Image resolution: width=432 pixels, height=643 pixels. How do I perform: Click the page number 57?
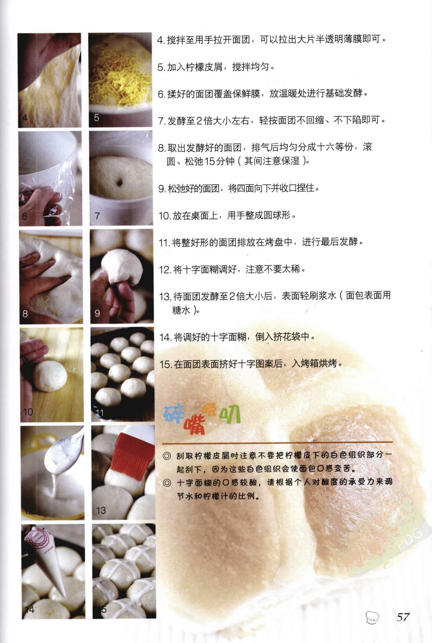click(403, 617)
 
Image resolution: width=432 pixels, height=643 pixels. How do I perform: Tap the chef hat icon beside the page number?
click(372, 618)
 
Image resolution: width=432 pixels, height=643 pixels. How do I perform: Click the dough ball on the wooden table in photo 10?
click(51, 376)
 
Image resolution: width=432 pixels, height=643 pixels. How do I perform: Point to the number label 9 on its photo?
click(97, 313)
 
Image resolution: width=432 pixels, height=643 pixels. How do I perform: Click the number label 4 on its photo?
click(25, 117)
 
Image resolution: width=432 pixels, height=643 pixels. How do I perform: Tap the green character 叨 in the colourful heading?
click(230, 415)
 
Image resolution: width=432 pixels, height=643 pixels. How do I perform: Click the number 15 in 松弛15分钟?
click(210, 161)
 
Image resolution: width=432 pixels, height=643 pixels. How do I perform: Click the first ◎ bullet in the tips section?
click(167, 456)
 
